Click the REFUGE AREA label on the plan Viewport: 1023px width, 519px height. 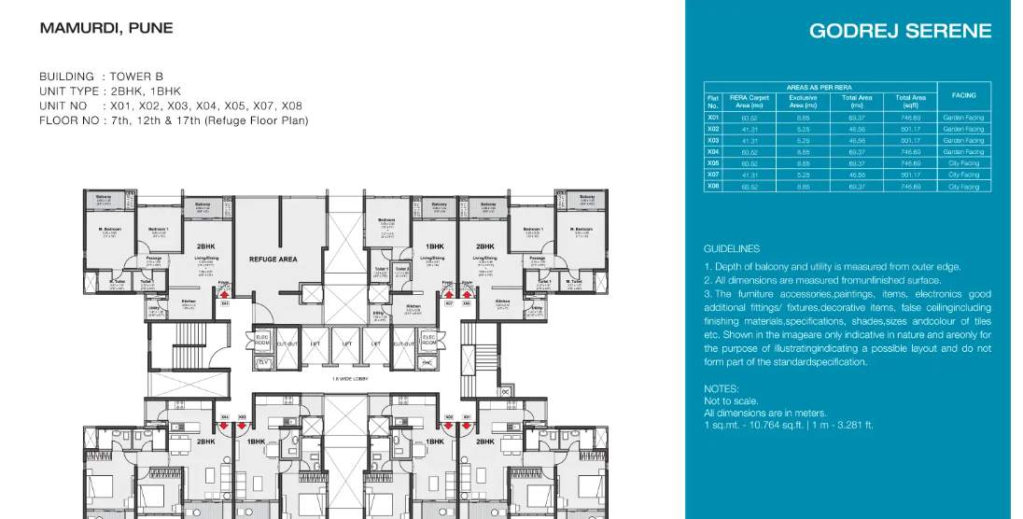(273, 259)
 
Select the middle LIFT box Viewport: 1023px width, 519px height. (347, 344)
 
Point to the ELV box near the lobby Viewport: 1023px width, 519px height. (262, 361)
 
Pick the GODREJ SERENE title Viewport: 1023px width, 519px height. (900, 31)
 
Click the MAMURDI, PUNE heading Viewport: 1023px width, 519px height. (106, 28)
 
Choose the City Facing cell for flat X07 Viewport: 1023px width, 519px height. (963, 175)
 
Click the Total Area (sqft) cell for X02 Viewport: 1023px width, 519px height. (910, 129)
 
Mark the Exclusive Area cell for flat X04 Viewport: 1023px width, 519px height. (803, 151)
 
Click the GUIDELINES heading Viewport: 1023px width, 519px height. (731, 249)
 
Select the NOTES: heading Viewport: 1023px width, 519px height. (722, 388)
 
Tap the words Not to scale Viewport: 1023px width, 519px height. (724, 400)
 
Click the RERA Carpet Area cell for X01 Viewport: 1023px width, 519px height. (749, 118)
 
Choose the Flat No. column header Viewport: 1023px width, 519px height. (713, 101)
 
